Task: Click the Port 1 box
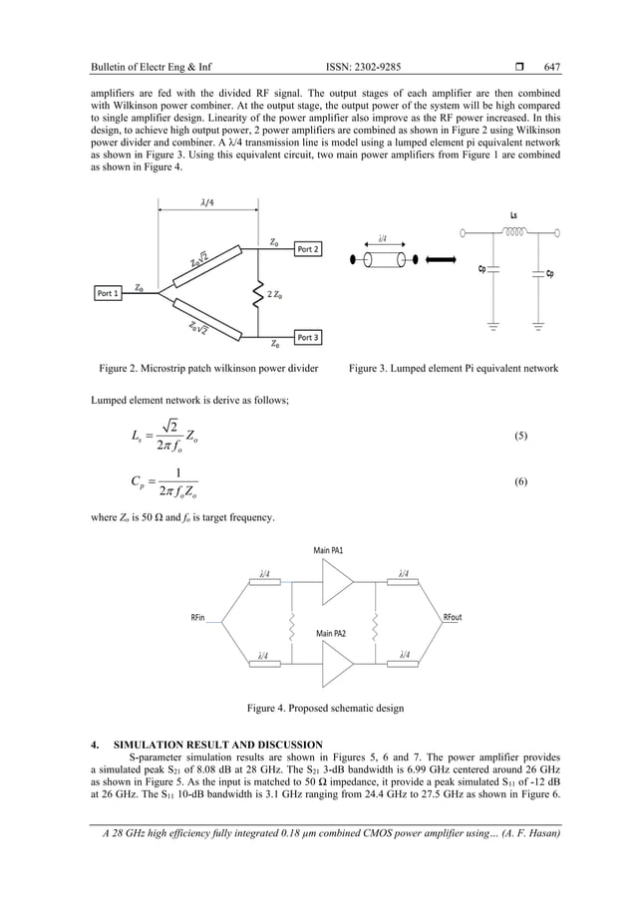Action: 109,293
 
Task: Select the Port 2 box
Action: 308,249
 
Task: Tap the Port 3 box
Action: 309,337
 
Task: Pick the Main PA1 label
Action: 330,549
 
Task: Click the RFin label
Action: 201,617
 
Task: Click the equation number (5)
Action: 520,436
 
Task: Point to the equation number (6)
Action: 520,481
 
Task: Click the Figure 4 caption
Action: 326,709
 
